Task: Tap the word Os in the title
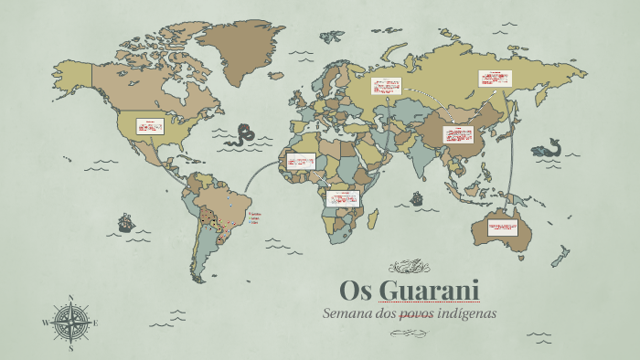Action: [356, 291]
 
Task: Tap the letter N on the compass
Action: [71, 297]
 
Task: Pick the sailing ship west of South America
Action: [125, 222]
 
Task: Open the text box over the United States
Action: [150, 126]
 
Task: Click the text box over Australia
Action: [502, 226]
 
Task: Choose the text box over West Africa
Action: [300, 161]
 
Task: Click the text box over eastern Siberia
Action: [495, 79]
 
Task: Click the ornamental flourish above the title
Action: [409, 267]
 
